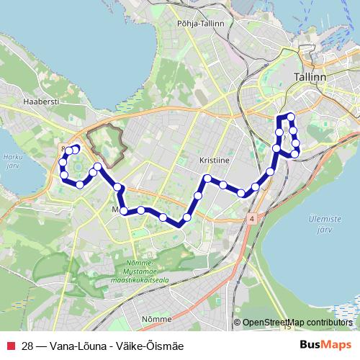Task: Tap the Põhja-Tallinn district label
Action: [201, 24]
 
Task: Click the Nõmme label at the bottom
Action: [157, 318]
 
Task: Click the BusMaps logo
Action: [326, 346]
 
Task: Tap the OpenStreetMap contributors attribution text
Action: [297, 322]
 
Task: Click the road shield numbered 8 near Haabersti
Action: [64, 148]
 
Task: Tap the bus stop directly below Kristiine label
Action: [207, 179]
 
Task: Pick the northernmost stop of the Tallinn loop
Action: [290, 117]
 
